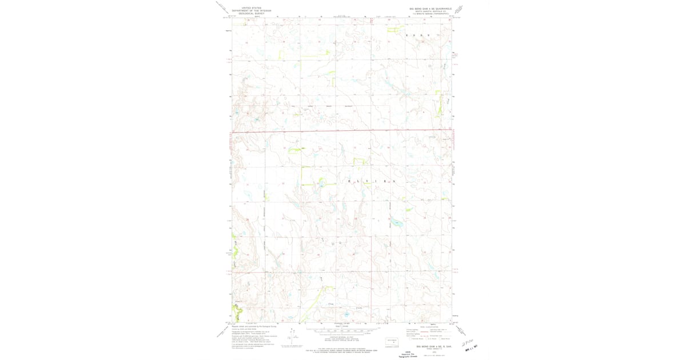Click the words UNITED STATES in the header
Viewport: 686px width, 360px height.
[x=252, y=7]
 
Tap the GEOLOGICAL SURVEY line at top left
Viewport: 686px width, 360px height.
[x=252, y=13]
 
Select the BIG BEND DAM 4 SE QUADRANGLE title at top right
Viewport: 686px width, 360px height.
[x=430, y=9]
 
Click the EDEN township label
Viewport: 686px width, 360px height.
[x=417, y=35]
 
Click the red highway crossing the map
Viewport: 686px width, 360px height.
[x=343, y=132]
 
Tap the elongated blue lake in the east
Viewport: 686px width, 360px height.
[x=397, y=223]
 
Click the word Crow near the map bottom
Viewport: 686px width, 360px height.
[x=331, y=304]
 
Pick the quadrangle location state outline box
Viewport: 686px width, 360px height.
[x=392, y=342]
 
